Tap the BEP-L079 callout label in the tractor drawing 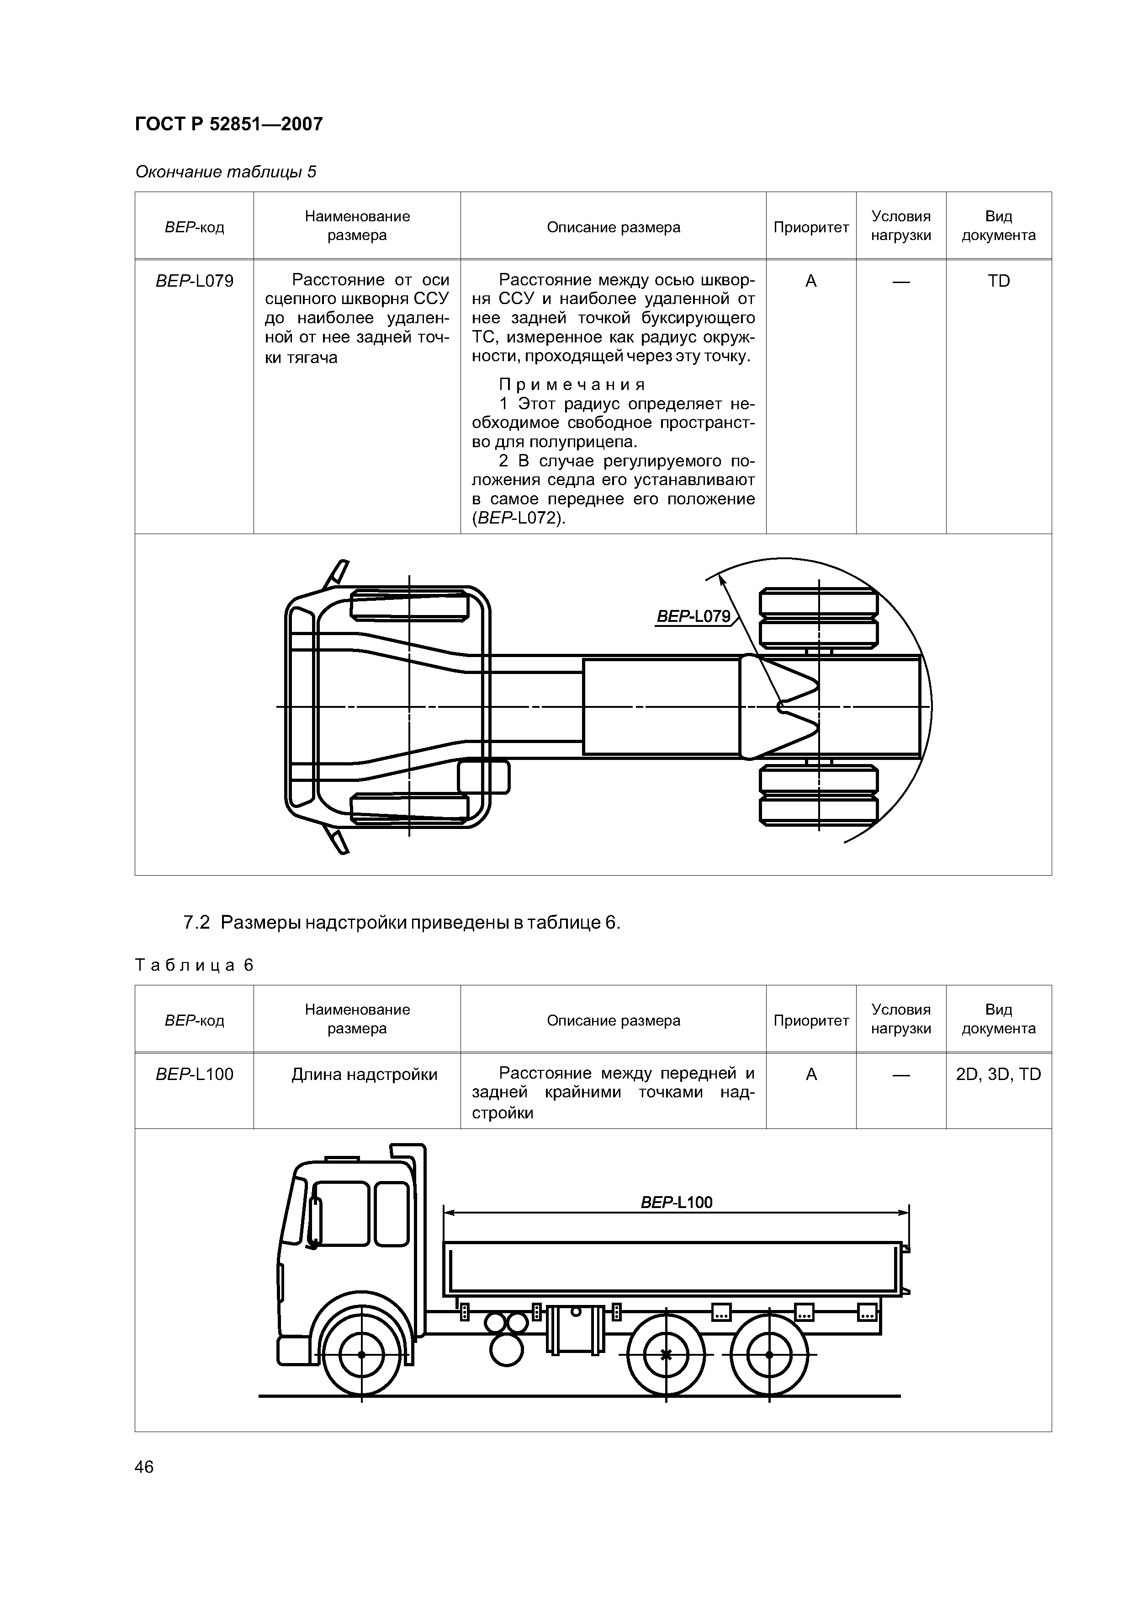point(693,617)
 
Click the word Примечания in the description point(572,385)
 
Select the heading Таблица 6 point(194,966)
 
